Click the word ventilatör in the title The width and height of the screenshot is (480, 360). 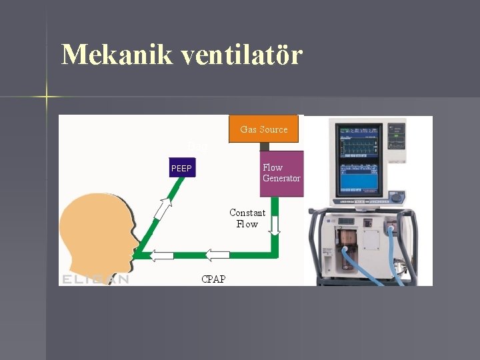(241, 54)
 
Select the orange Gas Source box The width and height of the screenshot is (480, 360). (264, 129)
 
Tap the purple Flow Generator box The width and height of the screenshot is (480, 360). (281, 173)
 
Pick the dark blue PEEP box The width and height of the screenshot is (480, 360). (181, 169)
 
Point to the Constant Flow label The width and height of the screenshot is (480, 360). (247, 219)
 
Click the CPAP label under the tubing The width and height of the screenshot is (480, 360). (213, 279)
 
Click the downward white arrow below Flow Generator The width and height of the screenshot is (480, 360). (275, 225)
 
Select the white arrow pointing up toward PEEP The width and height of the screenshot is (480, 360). (162, 209)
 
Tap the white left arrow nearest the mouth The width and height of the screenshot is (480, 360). (161, 255)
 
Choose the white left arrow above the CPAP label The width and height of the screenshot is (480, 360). (217, 254)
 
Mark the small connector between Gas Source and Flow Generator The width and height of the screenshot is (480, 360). (264, 147)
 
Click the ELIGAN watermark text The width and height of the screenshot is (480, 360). (95, 279)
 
